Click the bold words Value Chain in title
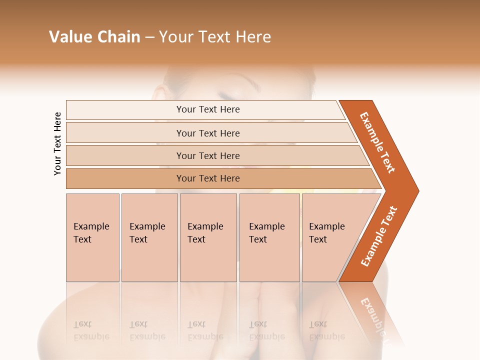coord(94,37)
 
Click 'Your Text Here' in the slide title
coord(215,37)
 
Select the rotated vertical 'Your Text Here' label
coord(57,143)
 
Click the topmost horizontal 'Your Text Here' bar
coord(207,109)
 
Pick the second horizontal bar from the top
coord(207,133)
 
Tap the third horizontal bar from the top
coord(207,155)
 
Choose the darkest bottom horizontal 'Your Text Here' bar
coord(207,178)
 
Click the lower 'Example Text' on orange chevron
coord(379,236)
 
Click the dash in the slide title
coord(149,37)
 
